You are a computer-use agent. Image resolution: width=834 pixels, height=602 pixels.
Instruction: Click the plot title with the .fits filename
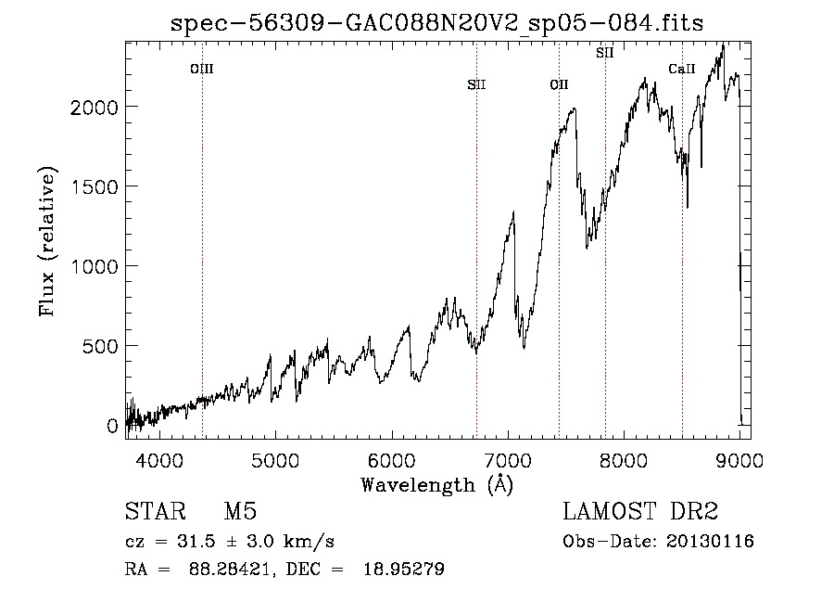coord(436,23)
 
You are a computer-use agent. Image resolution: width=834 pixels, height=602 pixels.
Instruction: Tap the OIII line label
coord(202,69)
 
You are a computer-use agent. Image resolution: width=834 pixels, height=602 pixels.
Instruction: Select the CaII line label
coord(682,69)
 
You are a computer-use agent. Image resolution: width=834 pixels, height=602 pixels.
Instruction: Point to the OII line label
coord(559,84)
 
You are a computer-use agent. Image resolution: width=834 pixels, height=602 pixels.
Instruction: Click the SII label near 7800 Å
coord(605,53)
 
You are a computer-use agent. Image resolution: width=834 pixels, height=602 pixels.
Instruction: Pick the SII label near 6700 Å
coord(476,84)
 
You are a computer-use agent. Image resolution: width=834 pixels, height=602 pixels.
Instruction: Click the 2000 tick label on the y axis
coord(95,108)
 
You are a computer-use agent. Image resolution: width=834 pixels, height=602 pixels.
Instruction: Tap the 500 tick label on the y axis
coord(100,347)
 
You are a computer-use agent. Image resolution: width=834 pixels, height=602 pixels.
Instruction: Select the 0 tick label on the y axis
coord(112,427)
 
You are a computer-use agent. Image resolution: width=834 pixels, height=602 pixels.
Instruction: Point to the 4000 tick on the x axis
coord(159,460)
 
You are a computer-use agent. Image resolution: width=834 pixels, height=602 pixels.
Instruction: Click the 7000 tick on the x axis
coord(508,460)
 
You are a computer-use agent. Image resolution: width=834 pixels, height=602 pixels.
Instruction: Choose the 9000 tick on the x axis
coord(739,460)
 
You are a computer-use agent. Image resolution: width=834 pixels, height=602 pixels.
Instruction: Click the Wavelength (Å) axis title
coord(437,485)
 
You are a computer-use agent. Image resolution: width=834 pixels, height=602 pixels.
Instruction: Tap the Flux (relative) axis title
coord(47,242)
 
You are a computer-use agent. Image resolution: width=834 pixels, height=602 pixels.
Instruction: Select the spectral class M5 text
coord(240,511)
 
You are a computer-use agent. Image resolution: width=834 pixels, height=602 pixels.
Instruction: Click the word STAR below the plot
coord(156,511)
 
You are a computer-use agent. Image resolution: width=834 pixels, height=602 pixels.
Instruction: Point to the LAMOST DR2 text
coord(640,511)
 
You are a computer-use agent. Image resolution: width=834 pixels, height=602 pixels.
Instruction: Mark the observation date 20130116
coord(710,542)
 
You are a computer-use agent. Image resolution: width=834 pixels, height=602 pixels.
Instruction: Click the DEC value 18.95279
coord(404,569)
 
